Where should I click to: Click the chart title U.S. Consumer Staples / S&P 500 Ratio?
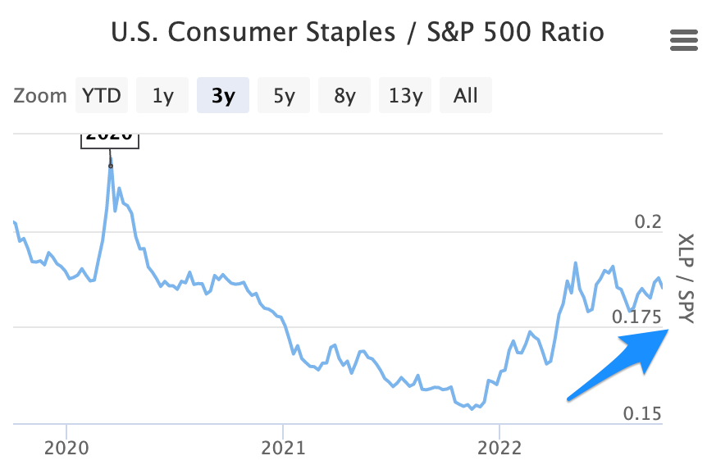(x=357, y=33)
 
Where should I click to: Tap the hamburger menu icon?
(x=682, y=39)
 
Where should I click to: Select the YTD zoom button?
(x=102, y=95)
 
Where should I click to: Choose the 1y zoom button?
(x=162, y=95)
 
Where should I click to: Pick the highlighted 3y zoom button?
(x=222, y=95)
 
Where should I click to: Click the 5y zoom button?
(x=284, y=95)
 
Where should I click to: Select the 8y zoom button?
(x=344, y=95)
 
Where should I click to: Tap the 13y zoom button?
(x=405, y=95)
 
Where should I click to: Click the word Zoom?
(x=40, y=96)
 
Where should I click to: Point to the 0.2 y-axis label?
(x=647, y=222)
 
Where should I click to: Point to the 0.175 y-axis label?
(x=636, y=317)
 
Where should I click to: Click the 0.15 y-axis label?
(x=641, y=413)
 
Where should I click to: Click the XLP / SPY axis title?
(x=685, y=279)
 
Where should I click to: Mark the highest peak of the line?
(x=111, y=165)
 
